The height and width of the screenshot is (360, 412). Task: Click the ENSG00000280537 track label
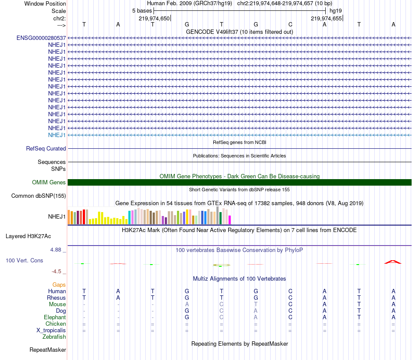coord(41,38)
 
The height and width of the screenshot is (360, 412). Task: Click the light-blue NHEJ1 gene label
coord(57,135)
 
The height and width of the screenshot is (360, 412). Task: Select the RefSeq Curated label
coord(46,148)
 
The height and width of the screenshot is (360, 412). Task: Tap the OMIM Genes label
coord(49,183)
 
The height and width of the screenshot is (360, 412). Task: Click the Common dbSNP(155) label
coord(39,196)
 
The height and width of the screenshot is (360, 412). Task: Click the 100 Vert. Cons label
coord(24,261)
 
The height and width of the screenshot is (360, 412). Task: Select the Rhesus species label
coord(56,298)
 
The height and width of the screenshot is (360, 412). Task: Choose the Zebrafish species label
coord(54,337)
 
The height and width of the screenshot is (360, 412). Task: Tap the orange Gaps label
coord(59,285)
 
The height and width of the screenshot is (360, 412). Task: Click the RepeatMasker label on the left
coord(48,350)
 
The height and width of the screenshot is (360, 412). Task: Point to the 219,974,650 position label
coord(154,18)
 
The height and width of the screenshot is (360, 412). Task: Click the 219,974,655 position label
coord(326,18)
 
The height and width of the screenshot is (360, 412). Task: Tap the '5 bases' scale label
coord(141,10)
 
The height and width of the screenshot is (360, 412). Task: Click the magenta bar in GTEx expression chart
coord(230,220)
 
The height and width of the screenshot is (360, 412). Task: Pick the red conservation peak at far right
coord(392,262)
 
